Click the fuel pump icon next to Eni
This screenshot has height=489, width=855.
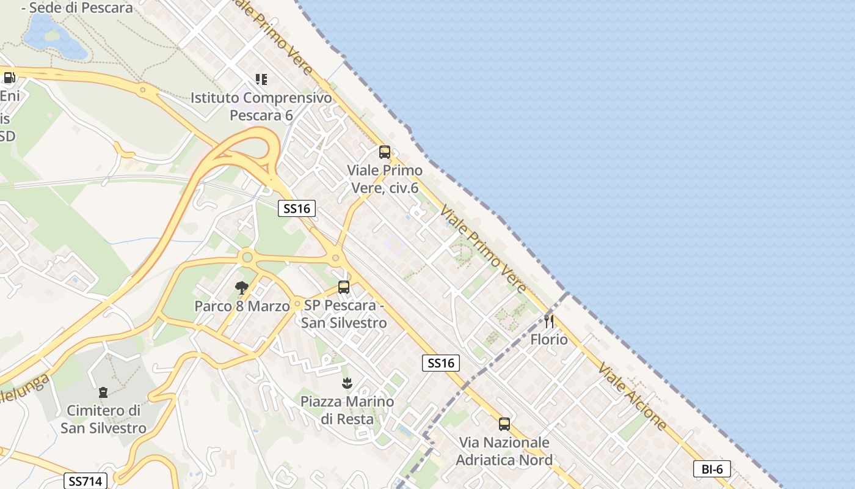coord(9,78)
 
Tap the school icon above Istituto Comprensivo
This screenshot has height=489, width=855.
coord(261,79)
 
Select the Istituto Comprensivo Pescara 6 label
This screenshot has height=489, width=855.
coord(261,106)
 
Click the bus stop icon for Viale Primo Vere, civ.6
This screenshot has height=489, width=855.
coord(384,152)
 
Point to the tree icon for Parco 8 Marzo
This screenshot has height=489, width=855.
coord(242,287)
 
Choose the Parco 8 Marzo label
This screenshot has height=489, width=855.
coord(242,306)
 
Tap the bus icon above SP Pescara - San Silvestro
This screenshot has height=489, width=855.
coord(344,287)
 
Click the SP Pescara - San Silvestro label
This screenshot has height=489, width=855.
coord(344,314)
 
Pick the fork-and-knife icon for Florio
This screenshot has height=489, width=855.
coord(549,321)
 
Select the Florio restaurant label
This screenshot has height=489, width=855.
coord(549,339)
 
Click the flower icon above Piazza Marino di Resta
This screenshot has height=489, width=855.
coord(347,384)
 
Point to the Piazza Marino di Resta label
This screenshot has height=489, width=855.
coord(347,410)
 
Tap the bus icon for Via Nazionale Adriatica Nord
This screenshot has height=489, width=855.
coord(504,424)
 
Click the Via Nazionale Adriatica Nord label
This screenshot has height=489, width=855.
coord(504,451)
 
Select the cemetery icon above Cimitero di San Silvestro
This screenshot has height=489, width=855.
coord(103,392)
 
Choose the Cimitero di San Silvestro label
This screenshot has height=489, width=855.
coord(103,419)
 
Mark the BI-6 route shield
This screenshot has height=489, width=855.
coord(712,469)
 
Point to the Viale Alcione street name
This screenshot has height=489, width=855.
coord(632,395)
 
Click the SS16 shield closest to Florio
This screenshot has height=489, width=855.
coord(440,363)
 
